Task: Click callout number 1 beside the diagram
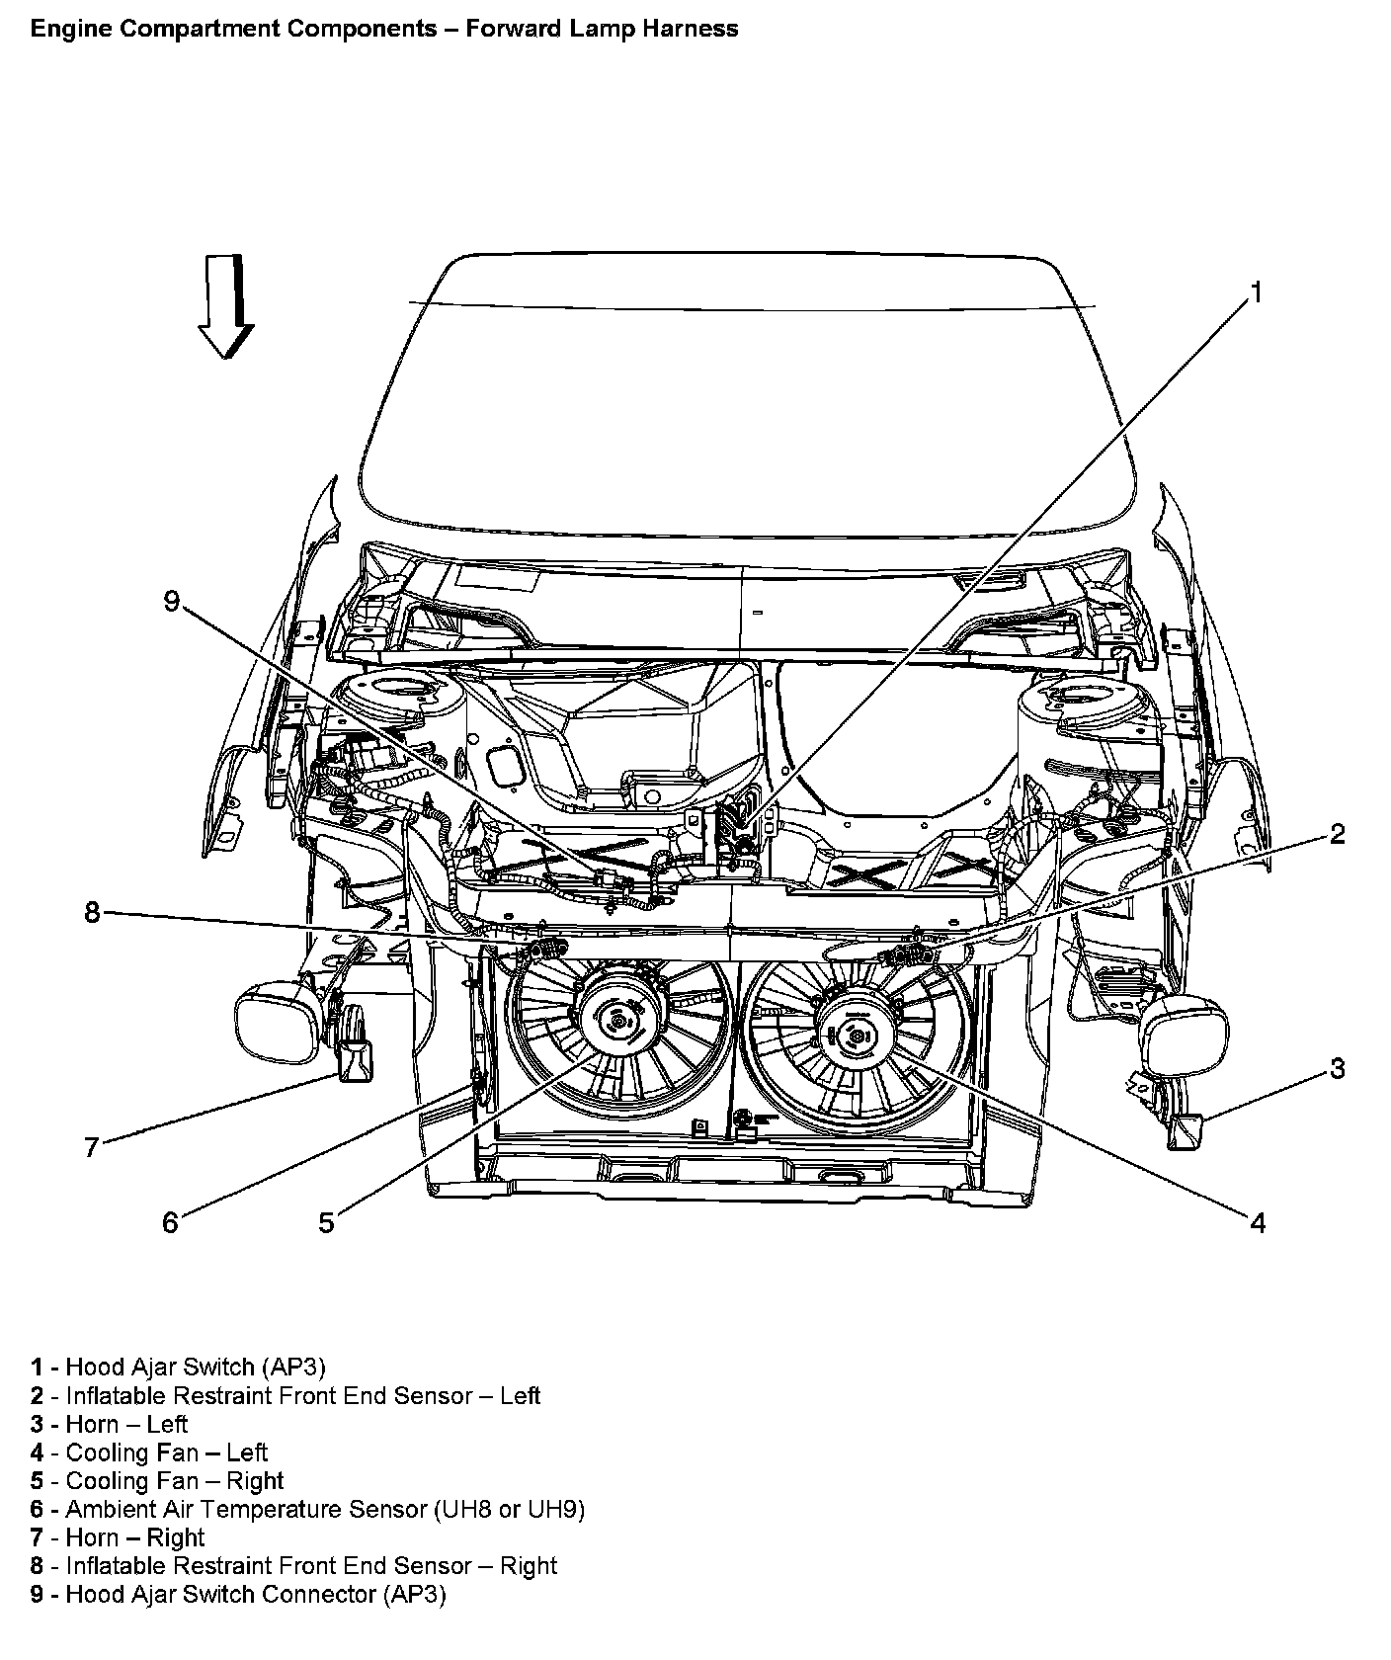tap(1257, 292)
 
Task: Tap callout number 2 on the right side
tap(1337, 834)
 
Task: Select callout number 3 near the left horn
tap(1337, 1068)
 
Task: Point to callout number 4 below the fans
tap(1257, 1223)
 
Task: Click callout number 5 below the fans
tap(326, 1223)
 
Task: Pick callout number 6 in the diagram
tap(170, 1223)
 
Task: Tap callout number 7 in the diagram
tap(92, 1147)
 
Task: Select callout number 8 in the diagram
tap(92, 913)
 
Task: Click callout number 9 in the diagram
tap(172, 601)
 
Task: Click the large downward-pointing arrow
tap(226, 306)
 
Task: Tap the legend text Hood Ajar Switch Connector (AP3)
tap(255, 1595)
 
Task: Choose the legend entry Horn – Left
tap(126, 1424)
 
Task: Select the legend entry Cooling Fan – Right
tap(174, 1481)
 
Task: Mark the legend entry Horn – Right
tap(134, 1537)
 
